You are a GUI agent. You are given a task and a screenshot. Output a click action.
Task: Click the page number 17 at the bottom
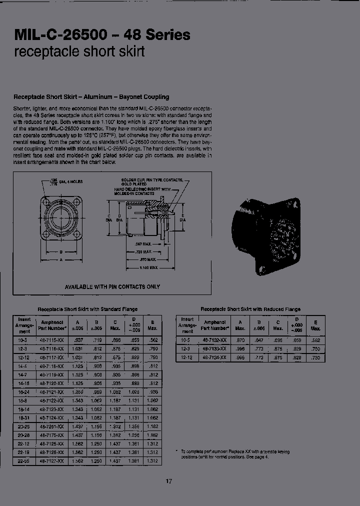coord(168,481)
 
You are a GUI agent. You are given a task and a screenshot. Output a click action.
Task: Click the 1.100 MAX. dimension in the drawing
coord(149,268)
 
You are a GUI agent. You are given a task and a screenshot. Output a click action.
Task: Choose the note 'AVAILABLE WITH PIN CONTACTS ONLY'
coord(112,286)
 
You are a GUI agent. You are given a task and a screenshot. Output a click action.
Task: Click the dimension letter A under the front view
coord(60,260)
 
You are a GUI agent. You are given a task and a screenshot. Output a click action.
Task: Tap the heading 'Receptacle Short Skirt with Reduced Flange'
coord(250,309)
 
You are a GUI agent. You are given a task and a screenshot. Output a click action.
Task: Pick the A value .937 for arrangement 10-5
coord(77,340)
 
